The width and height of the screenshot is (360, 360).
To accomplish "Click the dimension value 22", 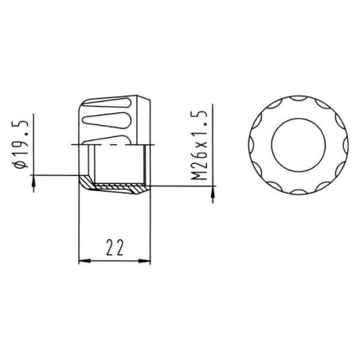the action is click(115, 248).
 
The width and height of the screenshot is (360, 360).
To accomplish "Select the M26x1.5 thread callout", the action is click(199, 145).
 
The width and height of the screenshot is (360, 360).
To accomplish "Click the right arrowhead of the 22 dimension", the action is click(144, 260).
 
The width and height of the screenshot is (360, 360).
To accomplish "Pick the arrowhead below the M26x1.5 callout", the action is click(213, 193).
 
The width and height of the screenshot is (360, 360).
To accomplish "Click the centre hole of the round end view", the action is click(299, 145).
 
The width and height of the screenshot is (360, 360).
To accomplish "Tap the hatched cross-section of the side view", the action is click(114, 186).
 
